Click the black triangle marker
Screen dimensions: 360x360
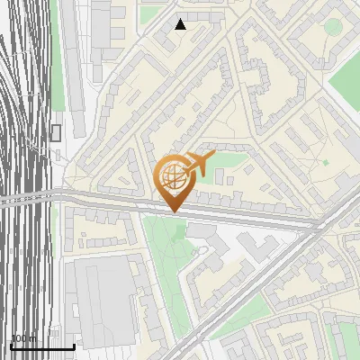[x=181, y=24]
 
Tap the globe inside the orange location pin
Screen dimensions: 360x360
[x=175, y=175]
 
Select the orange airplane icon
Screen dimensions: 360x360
[x=197, y=164]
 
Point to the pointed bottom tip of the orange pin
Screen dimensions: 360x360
[x=174, y=212]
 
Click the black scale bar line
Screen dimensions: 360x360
[x=41, y=346]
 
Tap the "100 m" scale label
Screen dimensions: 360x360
[x=23, y=338]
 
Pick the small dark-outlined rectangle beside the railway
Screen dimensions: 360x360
[x=56, y=133]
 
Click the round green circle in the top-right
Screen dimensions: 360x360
[x=333, y=26]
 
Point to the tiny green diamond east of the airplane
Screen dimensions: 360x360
[x=325, y=162]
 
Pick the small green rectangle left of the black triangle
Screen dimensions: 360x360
[x=152, y=13]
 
